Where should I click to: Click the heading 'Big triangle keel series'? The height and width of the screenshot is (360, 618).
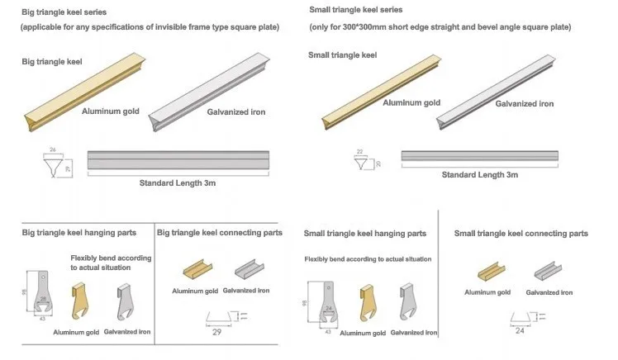click(x=64, y=12)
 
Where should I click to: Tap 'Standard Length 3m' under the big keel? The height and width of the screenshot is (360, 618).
click(x=179, y=182)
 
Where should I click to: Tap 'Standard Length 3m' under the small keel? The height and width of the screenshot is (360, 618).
click(x=479, y=174)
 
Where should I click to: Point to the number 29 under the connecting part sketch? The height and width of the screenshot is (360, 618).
click(x=217, y=333)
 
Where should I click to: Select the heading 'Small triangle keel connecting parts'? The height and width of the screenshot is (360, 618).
click(x=521, y=234)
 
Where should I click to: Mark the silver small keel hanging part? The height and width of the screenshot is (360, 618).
click(x=408, y=302)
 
